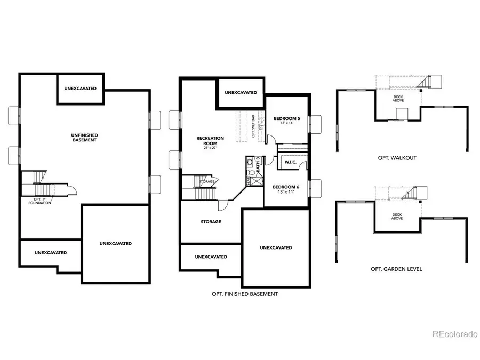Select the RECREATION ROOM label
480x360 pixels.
[x=210, y=140]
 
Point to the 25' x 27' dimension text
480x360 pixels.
[x=210, y=148]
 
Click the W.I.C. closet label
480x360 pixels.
[x=291, y=162]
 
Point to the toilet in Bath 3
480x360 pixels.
[x=250, y=163]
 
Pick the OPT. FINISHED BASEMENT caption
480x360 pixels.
[x=244, y=294]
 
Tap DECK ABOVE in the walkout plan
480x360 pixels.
[x=398, y=98]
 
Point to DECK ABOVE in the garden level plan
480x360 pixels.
[x=397, y=216]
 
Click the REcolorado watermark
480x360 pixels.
[x=454, y=334]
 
